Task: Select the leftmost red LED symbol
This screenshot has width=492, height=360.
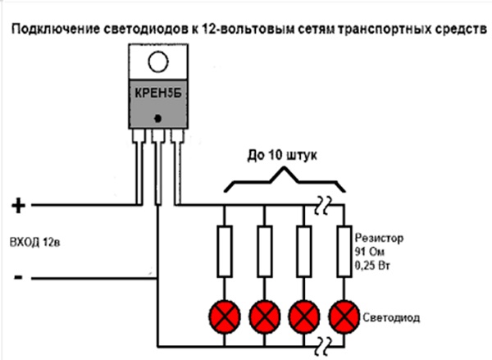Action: tap(223, 314)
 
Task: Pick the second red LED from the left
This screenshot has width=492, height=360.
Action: tap(264, 314)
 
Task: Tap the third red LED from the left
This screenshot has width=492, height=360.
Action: tap(305, 314)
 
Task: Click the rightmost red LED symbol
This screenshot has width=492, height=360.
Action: tap(344, 314)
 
